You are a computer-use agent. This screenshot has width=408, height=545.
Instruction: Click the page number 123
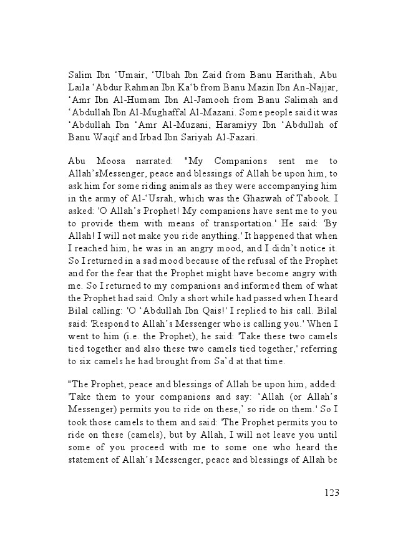pos(331,493)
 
